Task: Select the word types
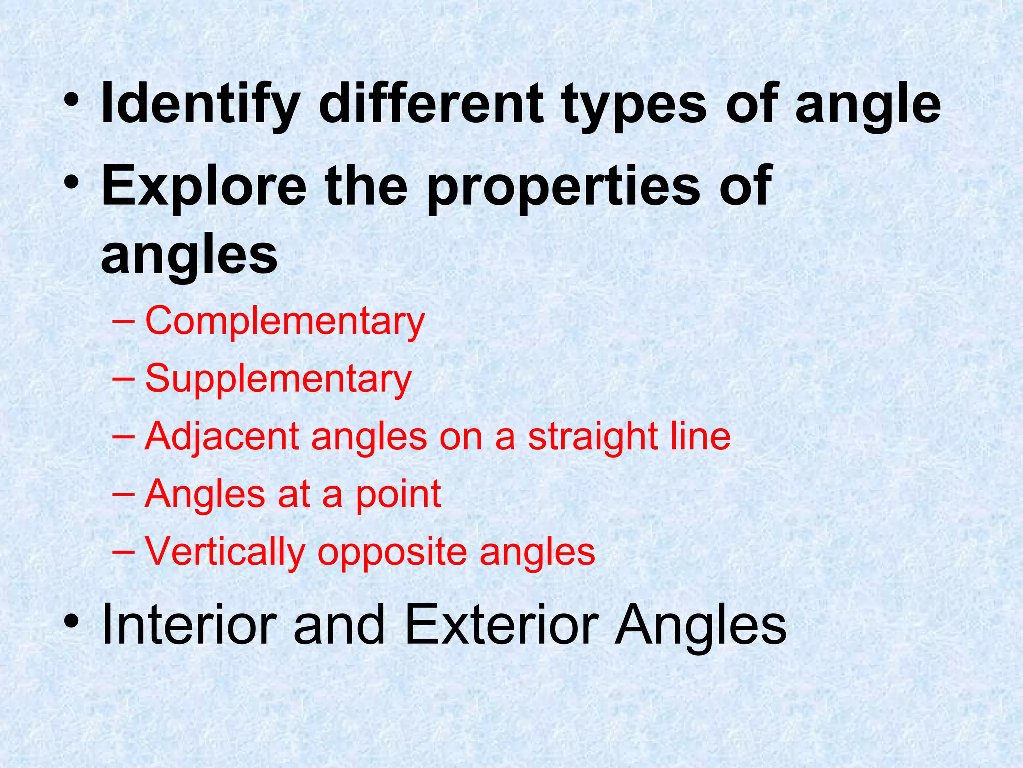(634, 105)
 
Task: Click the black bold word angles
(189, 256)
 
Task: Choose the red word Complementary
(285, 321)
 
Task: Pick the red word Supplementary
(278, 379)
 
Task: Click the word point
(398, 494)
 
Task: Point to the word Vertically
(225, 551)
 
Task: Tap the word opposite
(392, 551)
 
